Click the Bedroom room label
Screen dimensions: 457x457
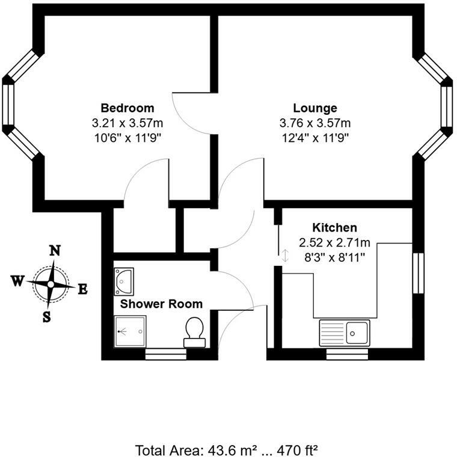(127, 108)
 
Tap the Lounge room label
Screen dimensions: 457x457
(315, 108)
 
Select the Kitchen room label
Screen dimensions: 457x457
(334, 227)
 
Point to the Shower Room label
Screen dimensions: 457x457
(161, 304)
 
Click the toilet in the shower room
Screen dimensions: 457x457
(194, 333)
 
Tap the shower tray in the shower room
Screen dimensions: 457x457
(130, 331)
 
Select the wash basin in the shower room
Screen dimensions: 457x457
(124, 281)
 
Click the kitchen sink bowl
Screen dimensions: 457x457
(357, 333)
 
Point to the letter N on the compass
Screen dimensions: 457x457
(55, 251)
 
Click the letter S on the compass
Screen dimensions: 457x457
(47, 317)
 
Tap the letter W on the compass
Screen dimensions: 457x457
(17, 281)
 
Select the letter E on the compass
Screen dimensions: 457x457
(83, 290)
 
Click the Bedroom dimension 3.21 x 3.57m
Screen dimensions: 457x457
(127, 123)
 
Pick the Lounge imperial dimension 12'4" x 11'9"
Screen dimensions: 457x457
(315, 138)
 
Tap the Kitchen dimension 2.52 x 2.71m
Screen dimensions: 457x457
(334, 242)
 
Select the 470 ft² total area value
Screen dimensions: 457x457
(297, 450)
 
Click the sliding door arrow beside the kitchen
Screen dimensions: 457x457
(285, 256)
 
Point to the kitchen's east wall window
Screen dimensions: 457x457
(419, 273)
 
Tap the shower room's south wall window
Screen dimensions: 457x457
(166, 354)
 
